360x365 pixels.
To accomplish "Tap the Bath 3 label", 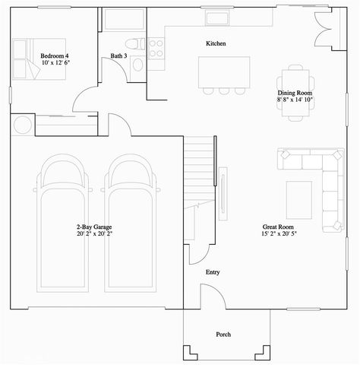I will [118, 56].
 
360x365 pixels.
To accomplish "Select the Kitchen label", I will [216, 43].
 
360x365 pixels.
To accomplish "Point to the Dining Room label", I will [295, 92].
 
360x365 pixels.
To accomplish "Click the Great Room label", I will [277, 226].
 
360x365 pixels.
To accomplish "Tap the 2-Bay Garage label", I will [93, 227].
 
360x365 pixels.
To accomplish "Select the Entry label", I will [213, 271].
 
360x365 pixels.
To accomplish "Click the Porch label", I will [223, 335].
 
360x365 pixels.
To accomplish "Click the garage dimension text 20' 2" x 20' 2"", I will [93, 234].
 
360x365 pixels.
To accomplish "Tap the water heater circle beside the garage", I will [21, 124].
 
